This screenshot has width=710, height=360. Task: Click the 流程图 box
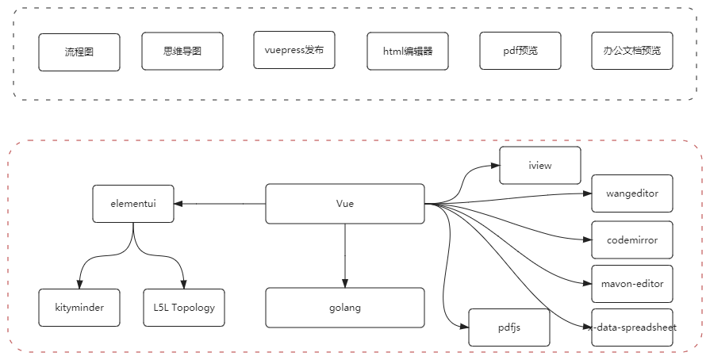(79, 53)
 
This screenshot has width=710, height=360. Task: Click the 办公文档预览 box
(631, 52)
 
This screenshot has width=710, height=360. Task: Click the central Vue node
(344, 204)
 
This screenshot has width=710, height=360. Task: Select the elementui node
(132, 205)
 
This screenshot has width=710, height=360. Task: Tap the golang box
(344, 308)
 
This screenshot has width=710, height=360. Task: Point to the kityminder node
(80, 308)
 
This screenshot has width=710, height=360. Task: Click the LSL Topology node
(184, 308)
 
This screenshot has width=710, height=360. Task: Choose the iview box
(540, 167)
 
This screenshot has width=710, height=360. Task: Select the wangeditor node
(633, 193)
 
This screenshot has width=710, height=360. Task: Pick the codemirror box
(633, 239)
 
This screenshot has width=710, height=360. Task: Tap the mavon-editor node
(633, 283)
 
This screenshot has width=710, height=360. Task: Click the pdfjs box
(509, 326)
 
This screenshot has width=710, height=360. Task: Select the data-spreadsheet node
(633, 327)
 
